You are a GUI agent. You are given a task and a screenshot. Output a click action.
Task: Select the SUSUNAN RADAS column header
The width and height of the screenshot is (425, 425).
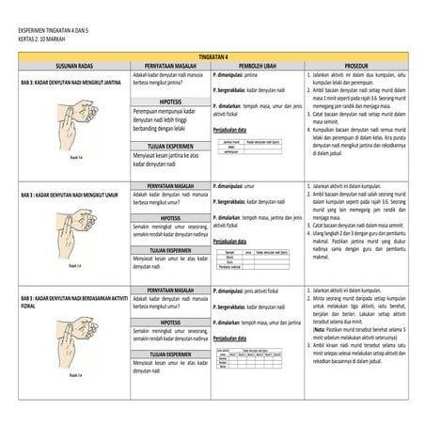[71, 65]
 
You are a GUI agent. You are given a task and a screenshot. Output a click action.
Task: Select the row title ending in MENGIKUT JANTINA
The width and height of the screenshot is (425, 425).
[71, 82]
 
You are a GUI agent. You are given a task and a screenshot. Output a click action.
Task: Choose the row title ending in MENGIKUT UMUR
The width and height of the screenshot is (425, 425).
[70, 195]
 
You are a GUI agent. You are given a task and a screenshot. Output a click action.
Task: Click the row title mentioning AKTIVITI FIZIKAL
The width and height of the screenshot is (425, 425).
[71, 301]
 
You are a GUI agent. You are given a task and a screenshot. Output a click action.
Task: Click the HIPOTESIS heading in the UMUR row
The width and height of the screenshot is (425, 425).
[170, 216]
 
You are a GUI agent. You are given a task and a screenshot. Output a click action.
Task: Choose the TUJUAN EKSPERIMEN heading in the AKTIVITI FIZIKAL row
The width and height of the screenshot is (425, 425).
[170, 354]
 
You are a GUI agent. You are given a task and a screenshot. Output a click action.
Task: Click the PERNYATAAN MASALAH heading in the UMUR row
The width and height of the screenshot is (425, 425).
[170, 186]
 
